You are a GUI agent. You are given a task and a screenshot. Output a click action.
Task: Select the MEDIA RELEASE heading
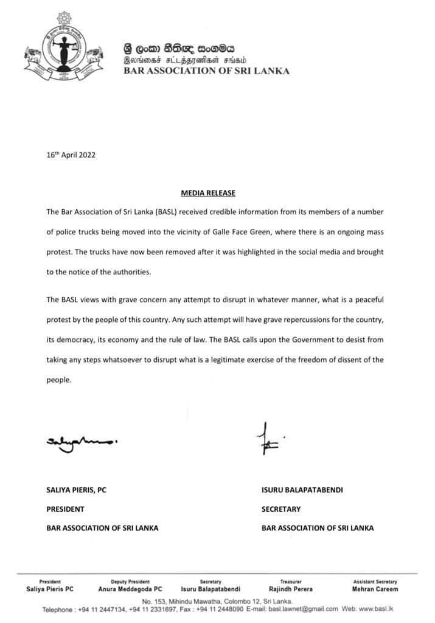[x=208, y=193]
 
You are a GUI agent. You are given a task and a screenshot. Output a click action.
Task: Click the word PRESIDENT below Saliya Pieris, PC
[x=66, y=509]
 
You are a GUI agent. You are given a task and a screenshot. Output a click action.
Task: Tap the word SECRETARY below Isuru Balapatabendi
[x=281, y=509]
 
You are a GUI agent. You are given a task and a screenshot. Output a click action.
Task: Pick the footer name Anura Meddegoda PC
[x=130, y=589]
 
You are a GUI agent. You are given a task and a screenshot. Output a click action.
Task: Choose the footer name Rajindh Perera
[x=291, y=589]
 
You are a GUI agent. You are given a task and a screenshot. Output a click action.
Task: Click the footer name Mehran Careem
[x=375, y=589]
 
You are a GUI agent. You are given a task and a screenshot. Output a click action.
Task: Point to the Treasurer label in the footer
[x=291, y=582]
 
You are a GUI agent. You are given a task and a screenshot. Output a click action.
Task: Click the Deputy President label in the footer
[x=130, y=582]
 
